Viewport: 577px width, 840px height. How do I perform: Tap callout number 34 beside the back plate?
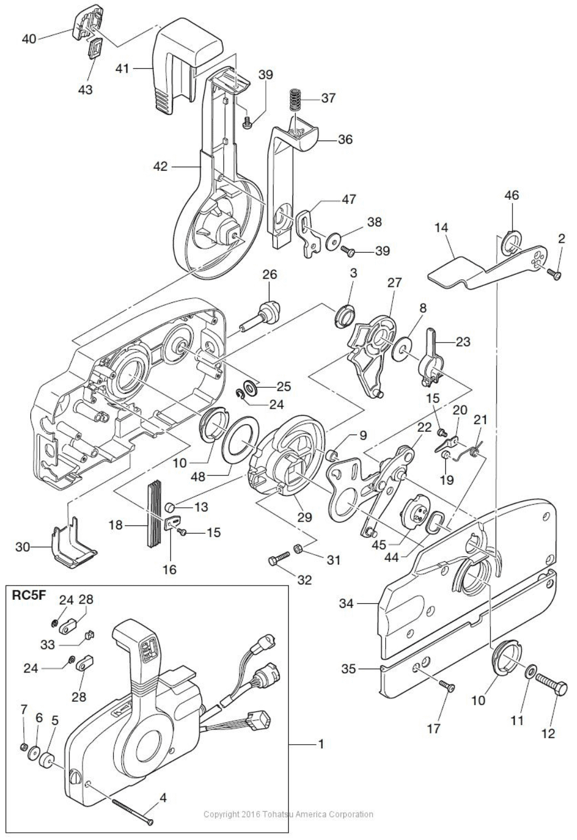[346, 603]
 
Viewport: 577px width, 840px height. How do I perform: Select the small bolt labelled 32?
[279, 557]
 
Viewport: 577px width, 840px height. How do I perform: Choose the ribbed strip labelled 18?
[154, 511]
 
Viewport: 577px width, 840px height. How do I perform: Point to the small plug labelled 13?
[170, 507]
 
